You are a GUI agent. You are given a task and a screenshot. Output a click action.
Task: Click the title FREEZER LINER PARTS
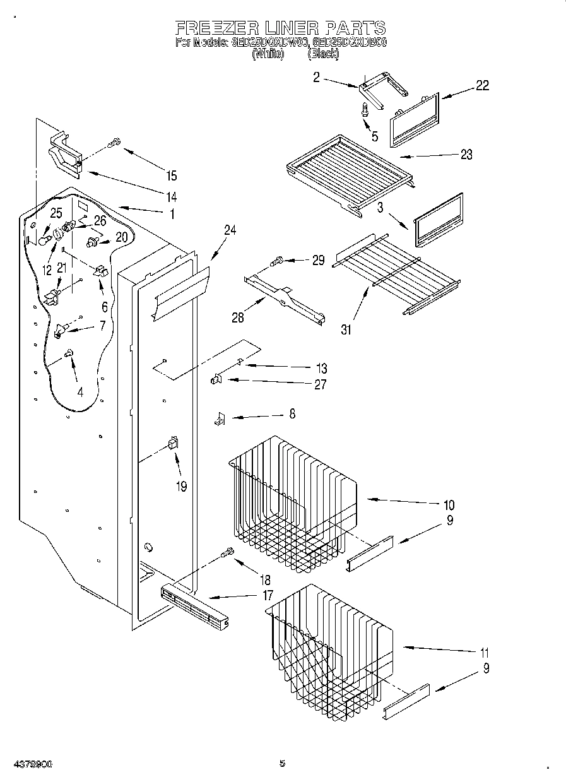point(280,28)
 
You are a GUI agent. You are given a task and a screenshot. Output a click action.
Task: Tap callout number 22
point(482,86)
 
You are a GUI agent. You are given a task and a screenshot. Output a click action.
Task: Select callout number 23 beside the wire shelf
point(466,155)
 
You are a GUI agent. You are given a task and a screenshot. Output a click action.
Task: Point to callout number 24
point(230,231)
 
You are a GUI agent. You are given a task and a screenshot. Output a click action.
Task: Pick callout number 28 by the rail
point(238,317)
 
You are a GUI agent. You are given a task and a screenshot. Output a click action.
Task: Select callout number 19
point(182,487)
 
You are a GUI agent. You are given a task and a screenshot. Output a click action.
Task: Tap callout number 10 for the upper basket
point(449,505)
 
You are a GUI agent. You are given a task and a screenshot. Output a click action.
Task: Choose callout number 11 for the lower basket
point(484,653)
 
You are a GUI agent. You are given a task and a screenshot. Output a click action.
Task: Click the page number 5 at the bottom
point(282,764)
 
